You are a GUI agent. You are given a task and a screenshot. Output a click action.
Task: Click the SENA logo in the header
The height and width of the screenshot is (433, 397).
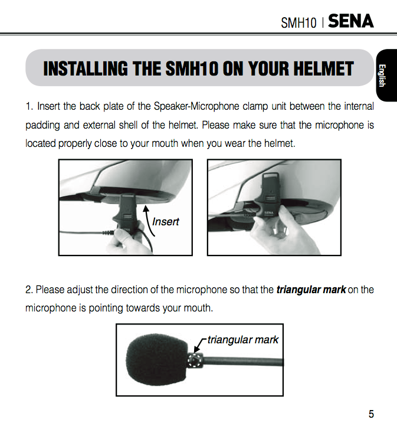click(350, 21)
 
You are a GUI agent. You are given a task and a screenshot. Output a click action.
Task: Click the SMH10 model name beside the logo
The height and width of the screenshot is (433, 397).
click(298, 22)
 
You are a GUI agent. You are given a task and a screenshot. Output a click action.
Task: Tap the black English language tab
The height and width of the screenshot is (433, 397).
click(386, 76)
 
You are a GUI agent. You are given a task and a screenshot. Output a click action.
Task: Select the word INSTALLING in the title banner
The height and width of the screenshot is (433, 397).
click(86, 68)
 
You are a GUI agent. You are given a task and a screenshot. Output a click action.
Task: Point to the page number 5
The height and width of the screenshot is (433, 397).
click(371, 414)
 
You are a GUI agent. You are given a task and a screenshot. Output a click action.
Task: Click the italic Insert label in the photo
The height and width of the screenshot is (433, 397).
click(165, 221)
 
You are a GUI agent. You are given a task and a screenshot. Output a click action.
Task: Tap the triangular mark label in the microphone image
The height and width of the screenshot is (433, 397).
click(242, 340)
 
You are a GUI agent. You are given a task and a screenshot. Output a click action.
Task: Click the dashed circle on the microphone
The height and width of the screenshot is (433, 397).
click(195, 360)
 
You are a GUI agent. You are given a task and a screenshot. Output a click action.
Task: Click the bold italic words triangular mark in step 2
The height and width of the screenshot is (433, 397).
click(311, 290)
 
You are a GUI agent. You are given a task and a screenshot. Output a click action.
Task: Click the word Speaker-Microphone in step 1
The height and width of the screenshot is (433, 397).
click(196, 106)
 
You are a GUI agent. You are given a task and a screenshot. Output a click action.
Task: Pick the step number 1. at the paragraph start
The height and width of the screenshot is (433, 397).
click(29, 106)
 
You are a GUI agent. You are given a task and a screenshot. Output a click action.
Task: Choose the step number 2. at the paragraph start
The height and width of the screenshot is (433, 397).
click(29, 290)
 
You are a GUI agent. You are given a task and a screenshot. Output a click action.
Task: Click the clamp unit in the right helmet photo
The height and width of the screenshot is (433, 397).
click(268, 196)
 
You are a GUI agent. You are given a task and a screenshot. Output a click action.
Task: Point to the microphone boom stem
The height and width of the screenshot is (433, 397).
click(243, 361)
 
